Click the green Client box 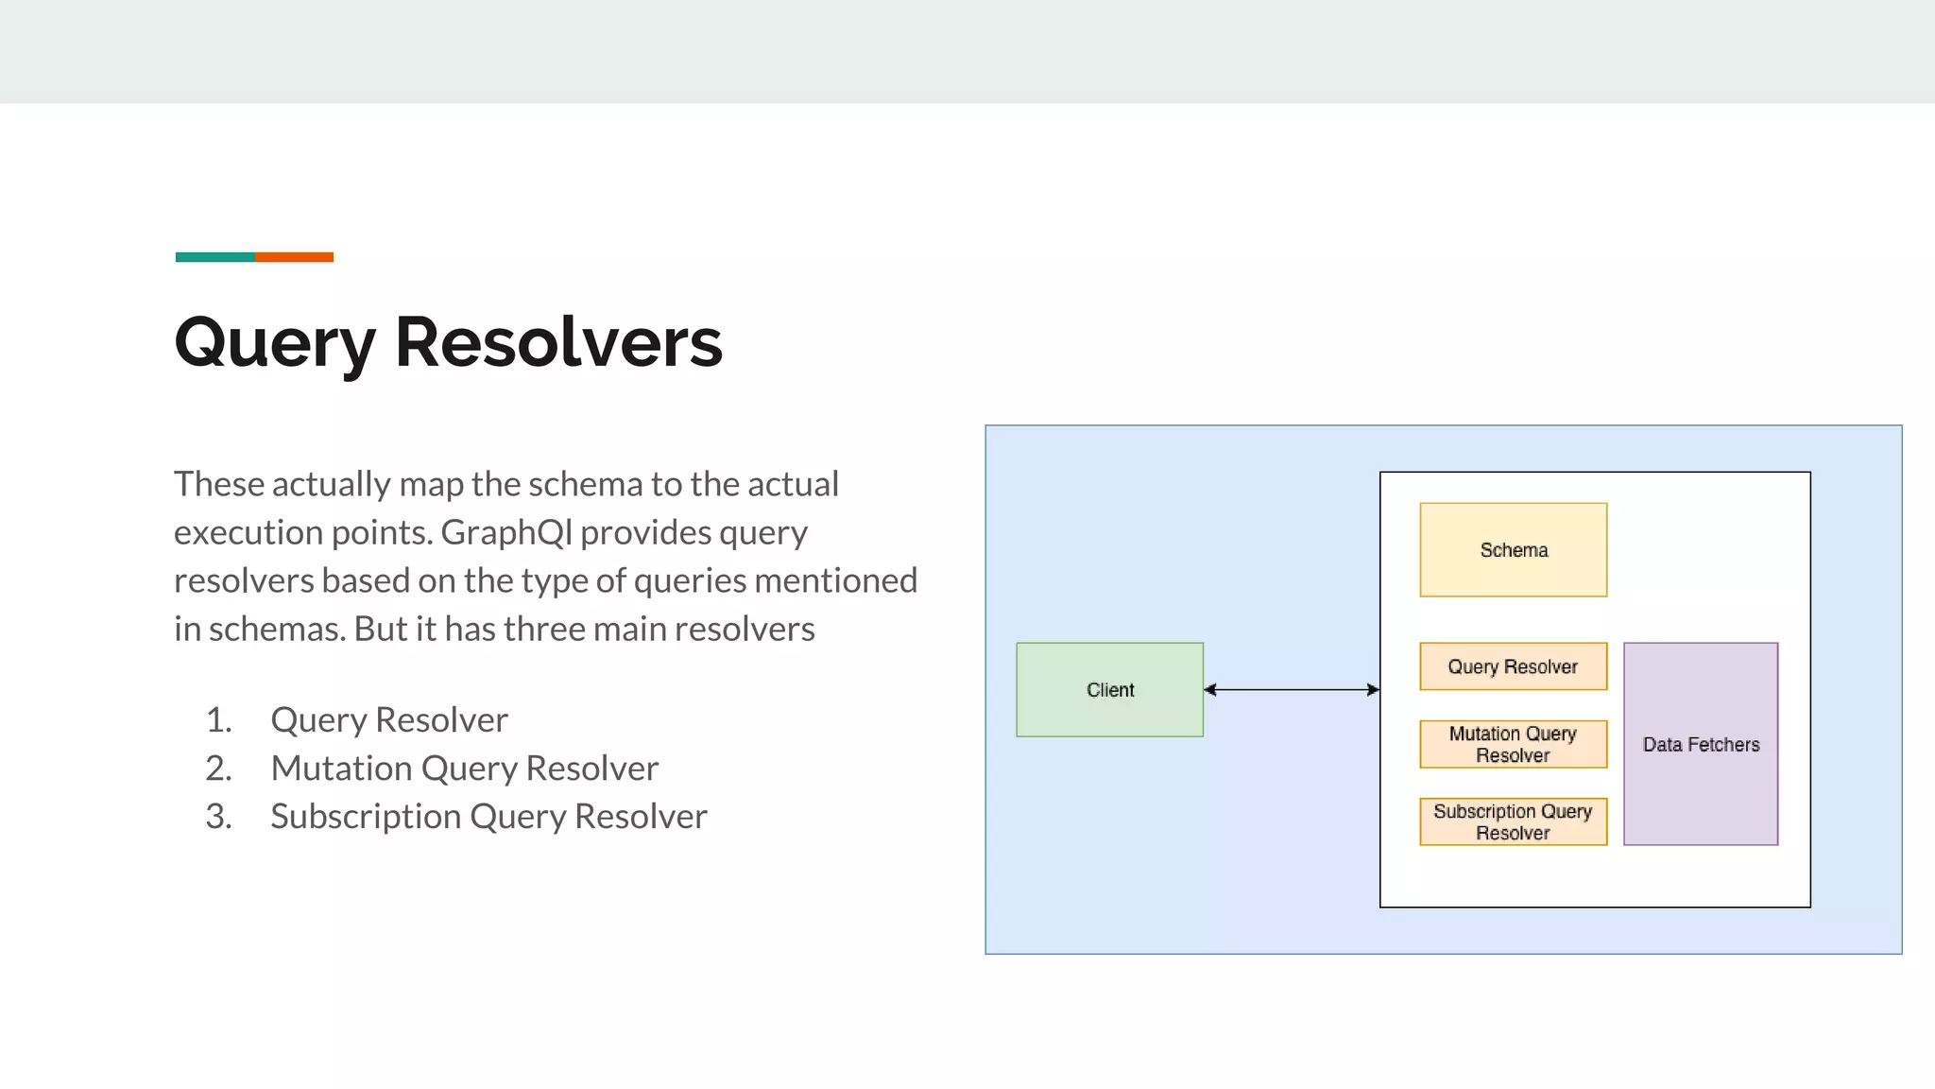pyautogui.click(x=1109, y=689)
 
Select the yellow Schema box pyautogui.click(x=1513, y=549)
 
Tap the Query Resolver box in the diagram pyautogui.click(x=1513, y=666)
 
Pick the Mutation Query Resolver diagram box pyautogui.click(x=1513, y=744)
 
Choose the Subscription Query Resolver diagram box pyautogui.click(x=1513, y=821)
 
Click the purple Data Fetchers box pyautogui.click(x=1700, y=744)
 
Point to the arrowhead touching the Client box pyautogui.click(x=1210, y=690)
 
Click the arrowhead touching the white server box pyautogui.click(x=1373, y=690)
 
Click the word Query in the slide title pyautogui.click(x=274, y=343)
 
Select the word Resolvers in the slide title pyautogui.click(x=558, y=341)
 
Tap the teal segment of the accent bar pyautogui.click(x=214, y=257)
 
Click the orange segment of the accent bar pyautogui.click(x=294, y=257)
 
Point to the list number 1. pyautogui.click(x=218, y=720)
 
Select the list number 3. pyautogui.click(x=218, y=817)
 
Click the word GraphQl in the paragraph pyautogui.click(x=506, y=532)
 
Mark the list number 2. pyautogui.click(x=218, y=769)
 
